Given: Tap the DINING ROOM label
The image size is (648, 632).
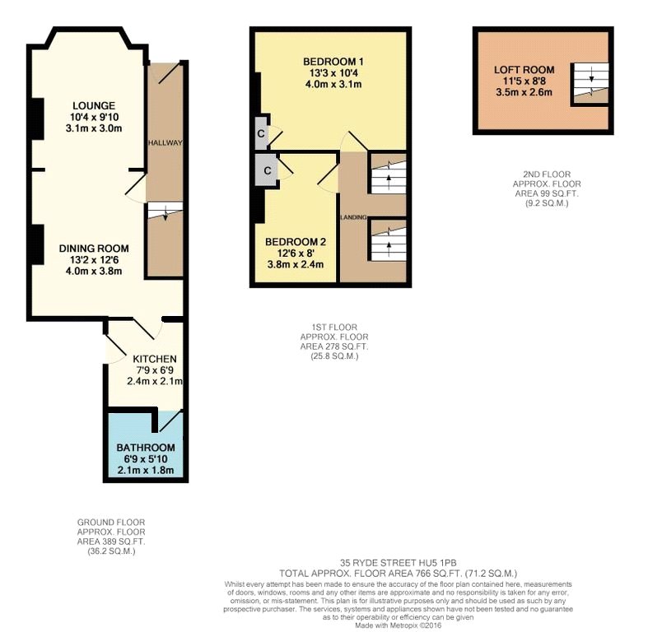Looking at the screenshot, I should pyautogui.click(x=94, y=248).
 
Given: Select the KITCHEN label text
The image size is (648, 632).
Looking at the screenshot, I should pyautogui.click(x=155, y=359).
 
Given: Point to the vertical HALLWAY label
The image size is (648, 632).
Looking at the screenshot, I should pyautogui.click(x=165, y=143).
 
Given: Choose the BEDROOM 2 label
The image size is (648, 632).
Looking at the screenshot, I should pyautogui.click(x=296, y=242).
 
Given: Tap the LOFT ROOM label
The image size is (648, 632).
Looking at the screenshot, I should pyautogui.click(x=524, y=70).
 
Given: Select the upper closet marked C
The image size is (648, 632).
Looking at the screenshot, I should pyautogui.click(x=261, y=133).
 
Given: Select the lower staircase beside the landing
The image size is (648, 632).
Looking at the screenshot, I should pyautogui.click(x=388, y=239).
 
